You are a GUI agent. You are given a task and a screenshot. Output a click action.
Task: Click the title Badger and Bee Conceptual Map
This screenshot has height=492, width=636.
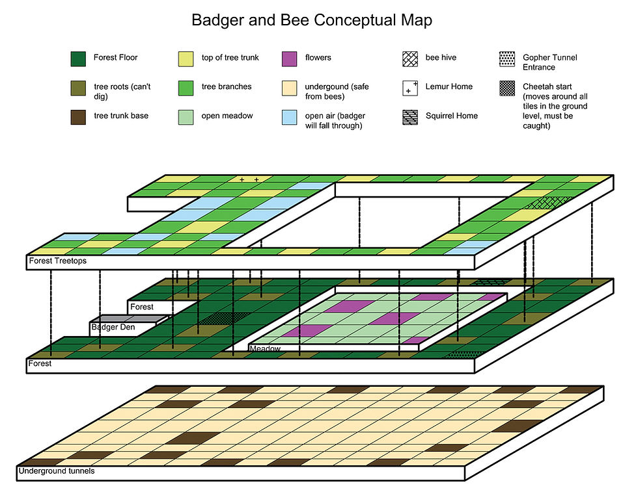click(311, 20)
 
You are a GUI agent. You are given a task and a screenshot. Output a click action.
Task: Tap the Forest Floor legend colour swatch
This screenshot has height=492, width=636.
click(78, 58)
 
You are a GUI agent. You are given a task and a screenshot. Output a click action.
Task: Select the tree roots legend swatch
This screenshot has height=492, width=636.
click(78, 88)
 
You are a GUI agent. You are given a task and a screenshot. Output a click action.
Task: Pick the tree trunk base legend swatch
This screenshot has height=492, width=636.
click(78, 117)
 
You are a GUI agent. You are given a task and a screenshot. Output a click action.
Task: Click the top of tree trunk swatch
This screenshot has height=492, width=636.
click(186, 58)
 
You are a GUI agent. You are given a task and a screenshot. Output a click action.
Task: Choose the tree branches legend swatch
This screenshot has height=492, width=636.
click(186, 88)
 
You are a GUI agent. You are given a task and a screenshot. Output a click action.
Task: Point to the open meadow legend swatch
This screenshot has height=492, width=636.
click(186, 117)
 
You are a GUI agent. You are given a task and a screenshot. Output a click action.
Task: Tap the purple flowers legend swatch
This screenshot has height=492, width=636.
click(290, 58)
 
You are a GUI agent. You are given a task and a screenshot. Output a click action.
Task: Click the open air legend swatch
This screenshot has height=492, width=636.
click(290, 117)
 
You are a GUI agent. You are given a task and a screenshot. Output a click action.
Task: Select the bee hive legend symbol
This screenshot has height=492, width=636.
click(410, 58)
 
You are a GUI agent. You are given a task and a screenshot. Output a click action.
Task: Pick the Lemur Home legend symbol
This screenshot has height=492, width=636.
click(410, 88)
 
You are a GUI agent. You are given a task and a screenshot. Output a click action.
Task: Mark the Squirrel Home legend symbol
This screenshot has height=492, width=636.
click(410, 117)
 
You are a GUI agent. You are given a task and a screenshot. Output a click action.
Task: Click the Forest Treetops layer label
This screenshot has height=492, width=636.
click(58, 262)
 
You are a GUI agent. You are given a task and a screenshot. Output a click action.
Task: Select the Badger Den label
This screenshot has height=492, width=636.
click(113, 327)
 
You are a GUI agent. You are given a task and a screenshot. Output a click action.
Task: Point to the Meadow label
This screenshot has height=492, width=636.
click(266, 349)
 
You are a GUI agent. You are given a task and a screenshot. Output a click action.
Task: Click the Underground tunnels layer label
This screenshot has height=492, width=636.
click(57, 471)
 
